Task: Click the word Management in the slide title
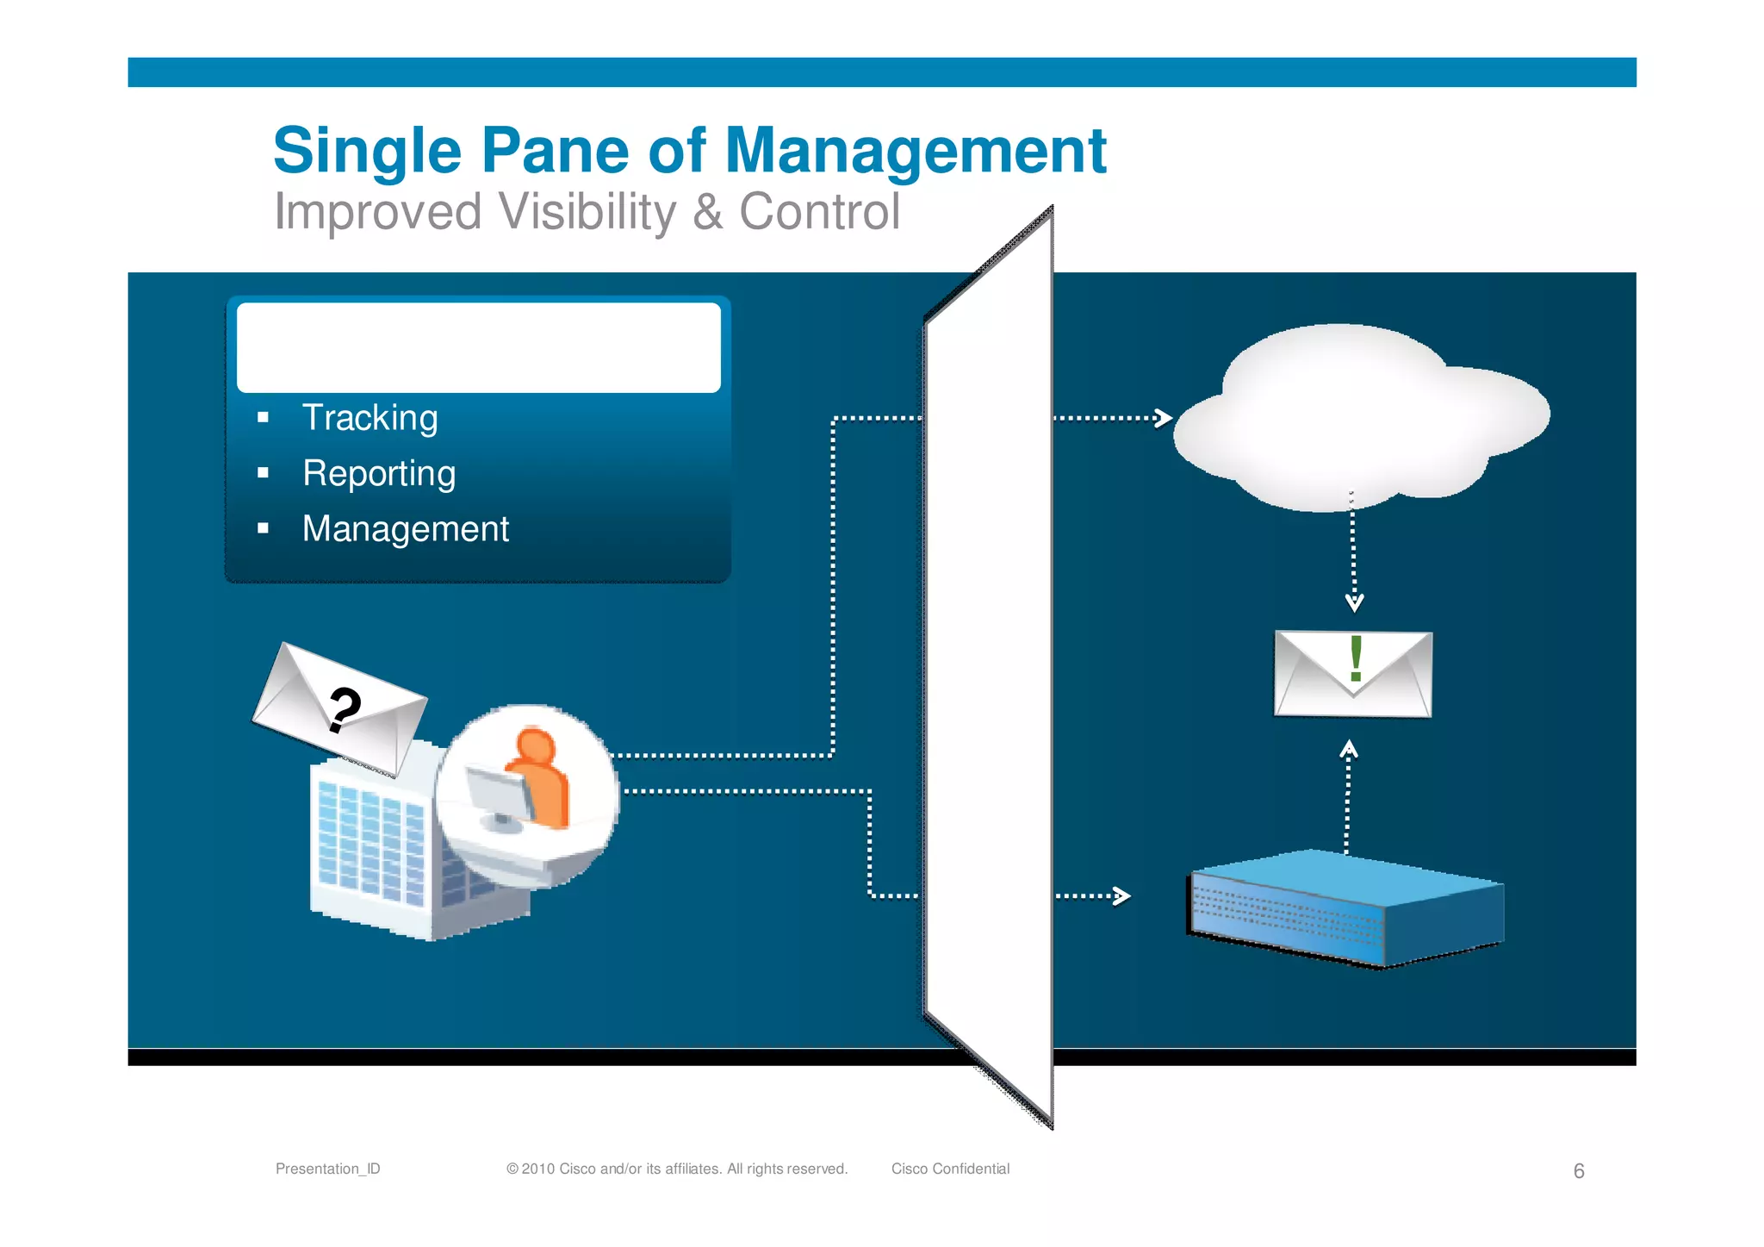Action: [916, 152]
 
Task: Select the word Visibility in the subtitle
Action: [587, 212]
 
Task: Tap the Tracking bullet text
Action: [370, 418]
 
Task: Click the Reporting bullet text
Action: [379, 473]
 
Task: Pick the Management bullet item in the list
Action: [405, 528]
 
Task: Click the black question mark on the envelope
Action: [345, 709]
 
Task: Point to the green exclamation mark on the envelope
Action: [1356, 658]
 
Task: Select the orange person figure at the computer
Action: [540, 776]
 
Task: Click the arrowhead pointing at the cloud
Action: [1164, 418]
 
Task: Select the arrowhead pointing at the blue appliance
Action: [1121, 896]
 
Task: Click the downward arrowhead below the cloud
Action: [1354, 602]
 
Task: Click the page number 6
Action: [1578, 1170]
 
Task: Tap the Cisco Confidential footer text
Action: [950, 1169]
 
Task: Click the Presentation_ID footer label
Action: [327, 1169]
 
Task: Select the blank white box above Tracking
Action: [478, 347]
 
